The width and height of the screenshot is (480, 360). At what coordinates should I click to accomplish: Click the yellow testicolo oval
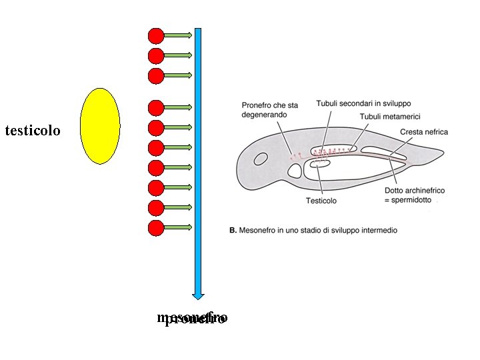click(x=99, y=126)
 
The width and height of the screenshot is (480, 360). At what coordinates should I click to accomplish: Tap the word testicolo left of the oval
click(x=32, y=130)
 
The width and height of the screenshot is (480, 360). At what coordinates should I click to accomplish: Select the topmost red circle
click(x=156, y=35)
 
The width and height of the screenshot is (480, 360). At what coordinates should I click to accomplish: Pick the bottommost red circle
click(x=156, y=228)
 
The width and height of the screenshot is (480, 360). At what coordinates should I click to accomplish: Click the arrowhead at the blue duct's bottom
click(x=198, y=295)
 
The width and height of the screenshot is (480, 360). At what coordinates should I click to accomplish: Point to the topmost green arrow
click(x=178, y=35)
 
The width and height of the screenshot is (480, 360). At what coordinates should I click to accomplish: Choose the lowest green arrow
click(x=178, y=228)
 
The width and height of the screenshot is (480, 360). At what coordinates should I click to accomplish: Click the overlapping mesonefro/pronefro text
click(x=192, y=318)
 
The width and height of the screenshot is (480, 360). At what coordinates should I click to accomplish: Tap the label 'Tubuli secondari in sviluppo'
click(x=363, y=104)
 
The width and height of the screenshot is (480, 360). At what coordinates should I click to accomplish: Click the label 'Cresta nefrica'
click(x=424, y=132)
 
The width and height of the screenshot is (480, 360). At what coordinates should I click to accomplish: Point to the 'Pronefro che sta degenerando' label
click(x=269, y=109)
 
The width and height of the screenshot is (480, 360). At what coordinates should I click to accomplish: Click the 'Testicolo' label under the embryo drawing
click(x=321, y=201)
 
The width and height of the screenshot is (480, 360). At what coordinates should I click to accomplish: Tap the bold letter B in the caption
click(x=232, y=230)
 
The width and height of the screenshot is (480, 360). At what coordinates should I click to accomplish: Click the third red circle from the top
click(x=156, y=75)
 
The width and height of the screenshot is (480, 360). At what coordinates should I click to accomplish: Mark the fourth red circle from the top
click(x=156, y=107)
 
